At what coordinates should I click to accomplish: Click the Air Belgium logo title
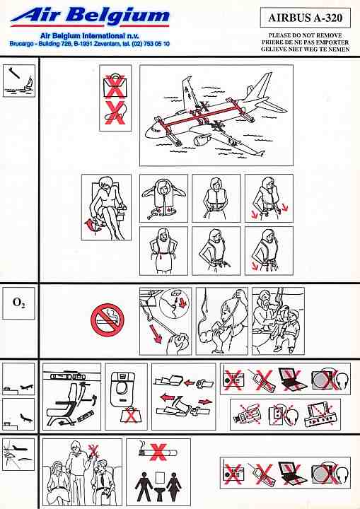tap(90, 16)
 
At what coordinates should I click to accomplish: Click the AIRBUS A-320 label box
tap(306, 18)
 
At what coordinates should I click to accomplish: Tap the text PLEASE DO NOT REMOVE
tap(305, 35)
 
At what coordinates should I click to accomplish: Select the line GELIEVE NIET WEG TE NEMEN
tap(305, 49)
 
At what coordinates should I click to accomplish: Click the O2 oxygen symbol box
tap(18, 303)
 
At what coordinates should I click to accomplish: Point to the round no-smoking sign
tap(108, 320)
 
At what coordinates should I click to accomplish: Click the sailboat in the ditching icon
tap(28, 84)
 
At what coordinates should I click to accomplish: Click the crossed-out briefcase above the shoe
tap(115, 86)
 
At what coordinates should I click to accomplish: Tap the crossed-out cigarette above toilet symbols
tap(158, 452)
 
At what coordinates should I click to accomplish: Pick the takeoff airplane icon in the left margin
tap(27, 387)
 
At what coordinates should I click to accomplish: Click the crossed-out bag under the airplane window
tap(130, 415)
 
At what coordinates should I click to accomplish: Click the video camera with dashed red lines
tap(248, 414)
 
